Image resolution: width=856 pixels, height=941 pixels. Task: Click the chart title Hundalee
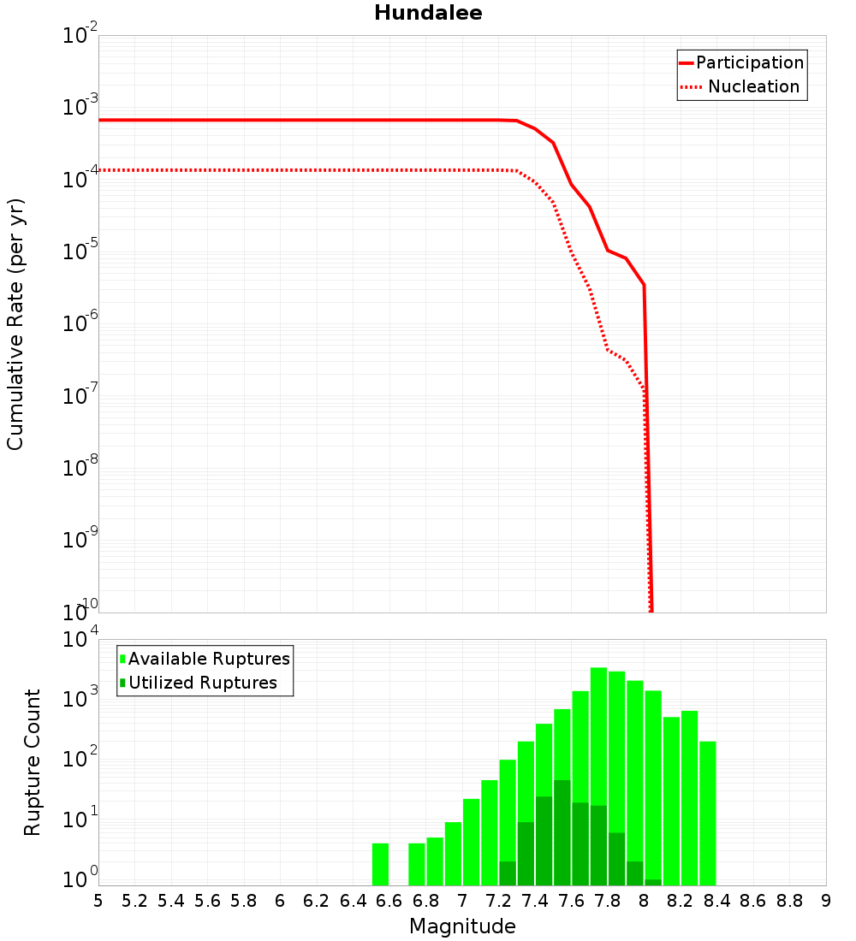[x=428, y=13]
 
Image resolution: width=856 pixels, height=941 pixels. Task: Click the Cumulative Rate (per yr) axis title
[x=15, y=323]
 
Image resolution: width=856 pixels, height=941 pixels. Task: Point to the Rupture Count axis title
[x=33, y=761]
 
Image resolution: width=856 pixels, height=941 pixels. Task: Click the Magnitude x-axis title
[x=462, y=926]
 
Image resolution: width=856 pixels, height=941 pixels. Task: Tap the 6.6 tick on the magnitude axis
[x=389, y=901]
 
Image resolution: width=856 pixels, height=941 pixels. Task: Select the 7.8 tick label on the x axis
[x=608, y=901]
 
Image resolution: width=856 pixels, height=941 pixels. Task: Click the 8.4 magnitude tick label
[x=716, y=901]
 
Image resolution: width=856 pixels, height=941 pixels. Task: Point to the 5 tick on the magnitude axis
[x=98, y=901]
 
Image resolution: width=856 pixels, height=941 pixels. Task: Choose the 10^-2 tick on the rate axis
[x=80, y=36]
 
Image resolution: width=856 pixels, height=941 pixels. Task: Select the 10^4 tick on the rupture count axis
[x=80, y=640]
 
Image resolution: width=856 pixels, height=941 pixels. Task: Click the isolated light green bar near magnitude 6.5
[x=381, y=864]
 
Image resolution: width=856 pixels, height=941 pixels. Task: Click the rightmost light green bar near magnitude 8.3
[x=708, y=813]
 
